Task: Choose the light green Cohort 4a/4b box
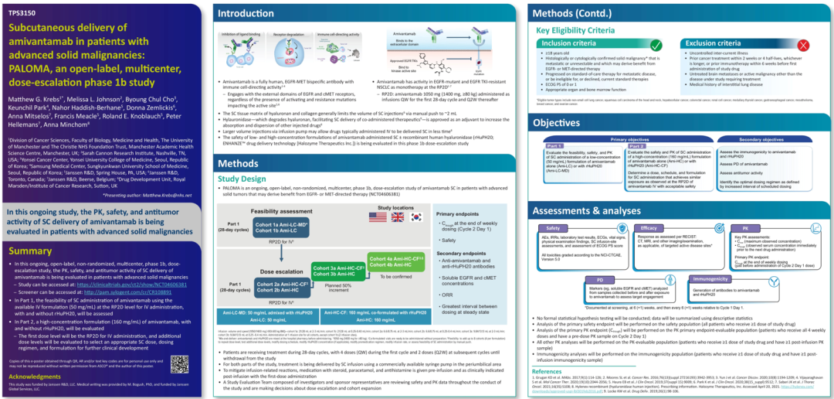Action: [x=396, y=261]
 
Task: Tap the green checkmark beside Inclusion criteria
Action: [x=656, y=46]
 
